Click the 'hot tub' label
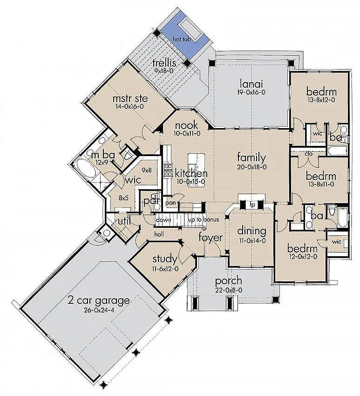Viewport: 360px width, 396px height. click(182, 40)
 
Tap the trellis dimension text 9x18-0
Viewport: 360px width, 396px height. click(164, 71)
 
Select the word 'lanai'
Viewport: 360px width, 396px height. click(251, 83)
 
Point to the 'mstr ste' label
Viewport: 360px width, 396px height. click(130, 98)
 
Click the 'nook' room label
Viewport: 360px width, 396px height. click(186, 125)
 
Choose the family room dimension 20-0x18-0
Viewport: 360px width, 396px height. click(252, 167)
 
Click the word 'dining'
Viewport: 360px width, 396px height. click(251, 231)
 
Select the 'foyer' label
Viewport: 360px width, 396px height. click(211, 238)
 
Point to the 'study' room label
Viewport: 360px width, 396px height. click(165, 259)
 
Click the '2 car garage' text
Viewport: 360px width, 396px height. click(99, 301)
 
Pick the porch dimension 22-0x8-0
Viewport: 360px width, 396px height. click(229, 290)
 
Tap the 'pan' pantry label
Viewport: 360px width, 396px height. click(171, 203)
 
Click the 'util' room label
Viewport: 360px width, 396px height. click(124, 221)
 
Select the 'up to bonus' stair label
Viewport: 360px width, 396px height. click(204, 219)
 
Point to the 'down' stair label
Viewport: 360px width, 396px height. click(163, 220)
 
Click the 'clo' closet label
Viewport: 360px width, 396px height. click(308, 154)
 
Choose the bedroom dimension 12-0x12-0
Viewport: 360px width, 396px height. click(302, 257)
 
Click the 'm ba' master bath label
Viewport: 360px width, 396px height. click(103, 155)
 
